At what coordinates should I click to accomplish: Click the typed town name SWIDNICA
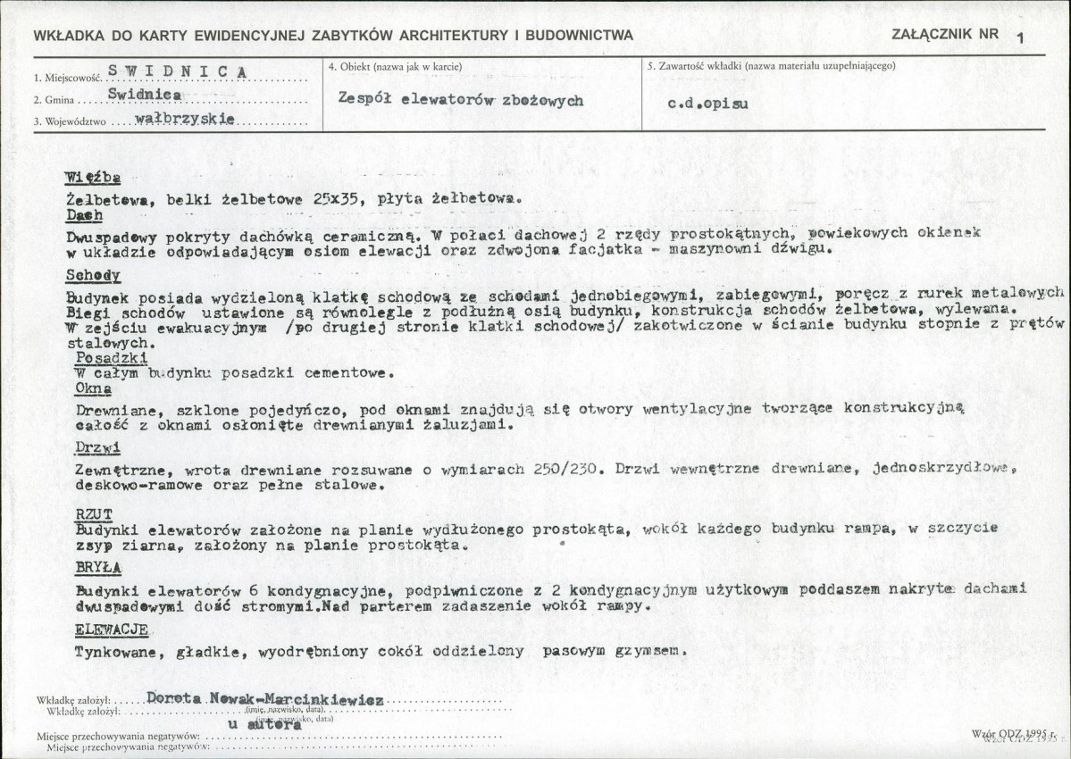(x=177, y=71)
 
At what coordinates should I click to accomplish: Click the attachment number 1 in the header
(x=1020, y=37)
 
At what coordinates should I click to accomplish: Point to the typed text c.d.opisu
(x=708, y=103)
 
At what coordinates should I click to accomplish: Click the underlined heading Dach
(x=84, y=215)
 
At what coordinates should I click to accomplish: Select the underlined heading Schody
(x=92, y=275)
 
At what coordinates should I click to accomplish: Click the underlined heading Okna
(x=93, y=388)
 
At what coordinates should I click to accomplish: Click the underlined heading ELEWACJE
(x=111, y=630)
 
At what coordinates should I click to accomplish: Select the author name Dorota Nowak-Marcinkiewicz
(x=264, y=697)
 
